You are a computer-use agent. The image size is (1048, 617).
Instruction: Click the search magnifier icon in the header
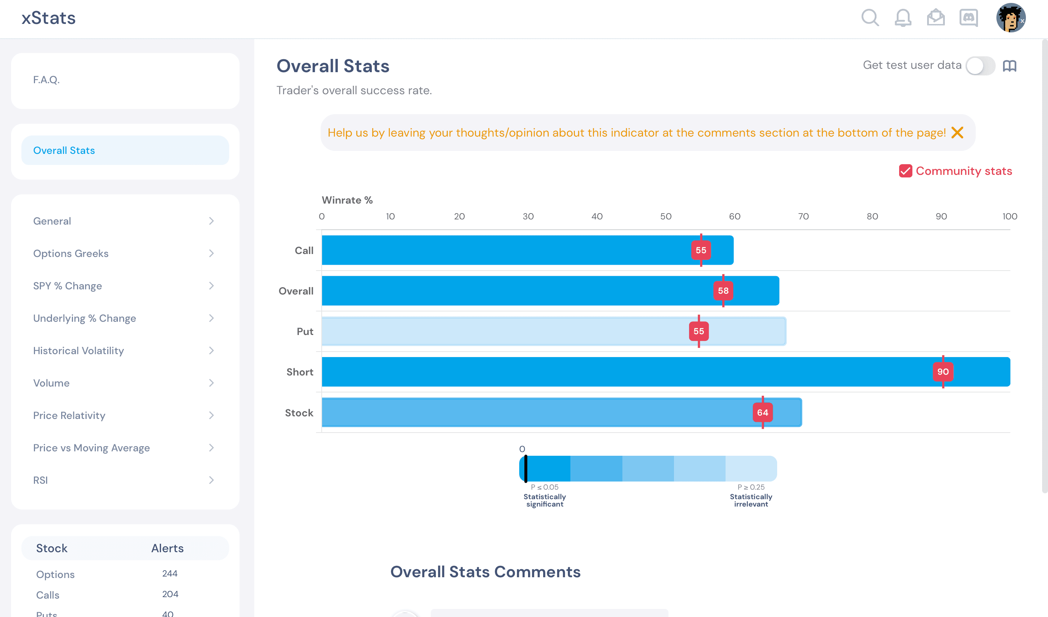(x=870, y=18)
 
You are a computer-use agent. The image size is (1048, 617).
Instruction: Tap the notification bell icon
(x=903, y=18)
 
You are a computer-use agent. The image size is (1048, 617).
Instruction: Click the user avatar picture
(x=1010, y=18)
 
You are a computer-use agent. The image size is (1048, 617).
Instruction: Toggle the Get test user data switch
(x=980, y=66)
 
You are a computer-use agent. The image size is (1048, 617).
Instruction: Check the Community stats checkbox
(x=905, y=171)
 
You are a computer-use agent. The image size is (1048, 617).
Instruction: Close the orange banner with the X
(x=957, y=133)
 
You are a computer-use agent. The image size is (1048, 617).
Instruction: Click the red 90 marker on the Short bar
(x=943, y=372)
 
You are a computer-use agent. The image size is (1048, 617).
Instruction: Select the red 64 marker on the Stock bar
(x=762, y=412)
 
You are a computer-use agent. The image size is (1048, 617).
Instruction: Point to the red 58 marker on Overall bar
(x=723, y=290)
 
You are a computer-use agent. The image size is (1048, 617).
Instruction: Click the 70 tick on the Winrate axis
(x=803, y=216)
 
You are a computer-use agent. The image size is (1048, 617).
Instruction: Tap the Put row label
(x=305, y=331)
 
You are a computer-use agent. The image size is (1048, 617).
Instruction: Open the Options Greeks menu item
(x=71, y=253)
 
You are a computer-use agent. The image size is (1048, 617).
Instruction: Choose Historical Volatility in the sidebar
(x=78, y=350)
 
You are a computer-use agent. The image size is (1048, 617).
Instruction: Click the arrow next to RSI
(x=212, y=480)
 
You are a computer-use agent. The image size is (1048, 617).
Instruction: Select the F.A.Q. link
(x=46, y=80)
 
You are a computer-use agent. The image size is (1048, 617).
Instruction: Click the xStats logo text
(x=49, y=18)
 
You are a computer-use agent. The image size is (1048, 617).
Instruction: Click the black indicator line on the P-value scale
(x=526, y=469)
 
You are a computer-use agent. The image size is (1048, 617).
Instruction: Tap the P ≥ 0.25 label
(x=751, y=487)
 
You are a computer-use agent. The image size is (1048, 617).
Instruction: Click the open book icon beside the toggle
(x=1010, y=66)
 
